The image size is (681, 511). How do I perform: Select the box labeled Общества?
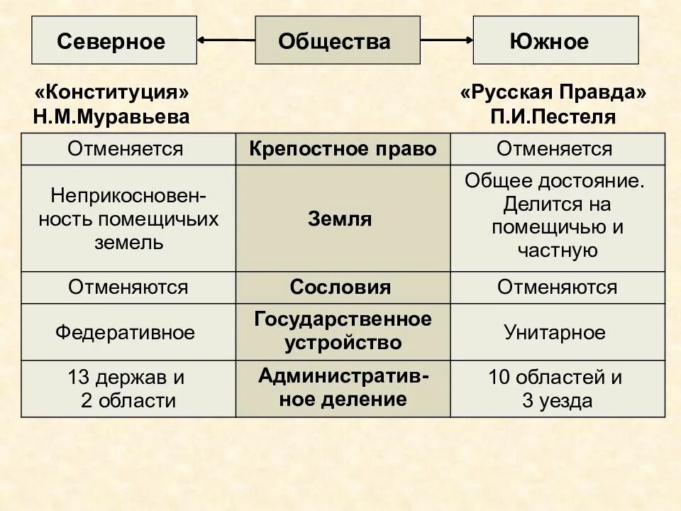click(334, 40)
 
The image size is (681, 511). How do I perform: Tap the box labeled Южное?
click(555, 40)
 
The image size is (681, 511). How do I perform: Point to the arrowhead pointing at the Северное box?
click(203, 40)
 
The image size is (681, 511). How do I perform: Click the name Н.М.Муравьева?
click(111, 116)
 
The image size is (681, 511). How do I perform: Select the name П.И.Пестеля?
click(553, 116)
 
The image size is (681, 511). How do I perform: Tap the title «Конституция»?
click(111, 93)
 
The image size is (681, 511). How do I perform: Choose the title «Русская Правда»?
click(553, 93)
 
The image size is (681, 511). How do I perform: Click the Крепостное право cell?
click(342, 149)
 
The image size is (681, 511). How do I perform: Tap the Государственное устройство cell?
click(343, 331)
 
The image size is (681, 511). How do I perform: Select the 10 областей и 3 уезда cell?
click(556, 388)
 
